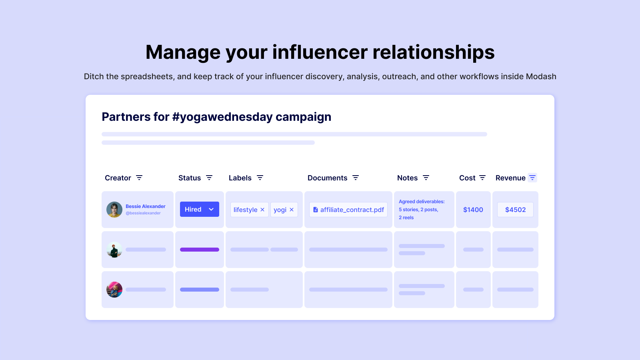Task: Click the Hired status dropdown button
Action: [x=200, y=209]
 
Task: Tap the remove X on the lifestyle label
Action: [x=262, y=210]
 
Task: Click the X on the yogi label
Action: [x=292, y=210]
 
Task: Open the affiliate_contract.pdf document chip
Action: [x=348, y=210]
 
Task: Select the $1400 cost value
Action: [x=473, y=210]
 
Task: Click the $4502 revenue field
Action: [x=516, y=210]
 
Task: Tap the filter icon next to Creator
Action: [x=139, y=178]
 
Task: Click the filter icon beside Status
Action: [x=209, y=178]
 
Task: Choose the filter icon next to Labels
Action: [x=260, y=178]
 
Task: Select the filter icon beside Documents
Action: [x=356, y=178]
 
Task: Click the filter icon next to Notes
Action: [x=426, y=178]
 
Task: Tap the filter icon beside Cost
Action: [x=482, y=178]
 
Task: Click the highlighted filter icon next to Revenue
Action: [x=532, y=178]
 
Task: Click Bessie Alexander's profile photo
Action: [x=114, y=210]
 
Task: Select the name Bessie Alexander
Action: [x=146, y=206]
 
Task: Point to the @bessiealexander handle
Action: [x=143, y=213]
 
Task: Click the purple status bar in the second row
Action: [x=200, y=250]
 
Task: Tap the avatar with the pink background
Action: [x=114, y=290]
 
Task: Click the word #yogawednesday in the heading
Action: [x=222, y=117]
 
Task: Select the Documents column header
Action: [x=328, y=178]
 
